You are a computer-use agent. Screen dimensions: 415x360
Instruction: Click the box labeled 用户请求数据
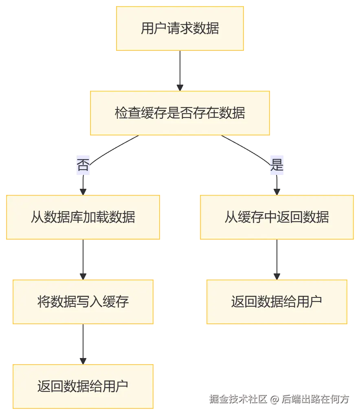pyautogui.click(x=180, y=28)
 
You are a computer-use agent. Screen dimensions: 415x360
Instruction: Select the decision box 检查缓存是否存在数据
pyautogui.click(x=180, y=113)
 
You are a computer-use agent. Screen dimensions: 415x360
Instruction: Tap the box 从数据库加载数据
pyautogui.click(x=83, y=217)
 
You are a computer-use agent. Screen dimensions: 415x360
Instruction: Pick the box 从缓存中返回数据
pyautogui.click(x=277, y=217)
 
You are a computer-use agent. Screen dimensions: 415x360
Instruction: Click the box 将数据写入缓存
pyautogui.click(x=83, y=301)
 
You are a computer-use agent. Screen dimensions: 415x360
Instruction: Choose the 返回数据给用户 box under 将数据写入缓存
pyautogui.click(x=83, y=386)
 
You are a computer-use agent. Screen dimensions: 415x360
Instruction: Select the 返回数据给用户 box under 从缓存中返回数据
pyautogui.click(x=277, y=301)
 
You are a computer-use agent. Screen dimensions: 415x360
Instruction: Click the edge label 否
pyautogui.click(x=83, y=164)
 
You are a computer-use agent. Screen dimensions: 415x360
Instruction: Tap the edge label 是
pyautogui.click(x=277, y=164)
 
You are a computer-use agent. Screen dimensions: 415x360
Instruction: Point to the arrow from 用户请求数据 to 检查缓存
pyautogui.click(x=180, y=69)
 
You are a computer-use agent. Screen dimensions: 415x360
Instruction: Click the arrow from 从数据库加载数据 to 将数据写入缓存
pyautogui.click(x=83, y=258)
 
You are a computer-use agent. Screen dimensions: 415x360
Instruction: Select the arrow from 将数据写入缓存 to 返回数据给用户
pyautogui.click(x=83, y=343)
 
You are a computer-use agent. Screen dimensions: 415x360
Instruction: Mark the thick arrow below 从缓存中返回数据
pyautogui.click(x=277, y=258)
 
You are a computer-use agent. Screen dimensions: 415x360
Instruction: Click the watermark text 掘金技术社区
pyautogui.click(x=237, y=398)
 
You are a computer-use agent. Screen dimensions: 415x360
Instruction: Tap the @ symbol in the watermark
pyautogui.click(x=274, y=399)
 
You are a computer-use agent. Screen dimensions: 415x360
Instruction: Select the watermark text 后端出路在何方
pyautogui.click(x=316, y=398)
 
